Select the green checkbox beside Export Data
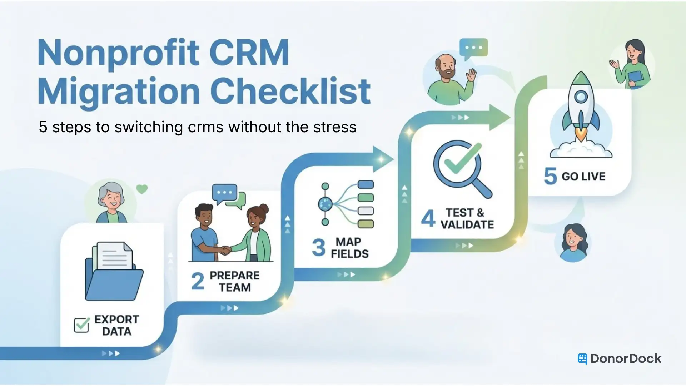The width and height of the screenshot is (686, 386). coord(81,325)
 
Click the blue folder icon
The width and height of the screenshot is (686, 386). coord(114,273)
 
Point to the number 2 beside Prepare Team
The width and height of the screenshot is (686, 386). coord(198,281)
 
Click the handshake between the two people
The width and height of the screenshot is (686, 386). coord(224,250)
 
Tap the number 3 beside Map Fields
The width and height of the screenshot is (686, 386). coord(318,247)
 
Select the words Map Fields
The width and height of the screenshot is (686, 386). coord(349,248)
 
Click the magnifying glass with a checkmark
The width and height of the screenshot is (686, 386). coord(462,168)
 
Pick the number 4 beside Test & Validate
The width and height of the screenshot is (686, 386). coord(428,218)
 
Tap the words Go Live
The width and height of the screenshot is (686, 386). coord(583,177)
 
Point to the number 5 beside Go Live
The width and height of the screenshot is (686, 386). coord(550,176)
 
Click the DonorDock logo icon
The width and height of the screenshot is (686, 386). coord(582,359)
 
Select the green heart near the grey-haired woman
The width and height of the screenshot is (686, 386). coord(142,189)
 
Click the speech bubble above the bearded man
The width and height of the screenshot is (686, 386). coord(473,48)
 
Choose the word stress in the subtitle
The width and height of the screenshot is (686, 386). coord(335,127)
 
